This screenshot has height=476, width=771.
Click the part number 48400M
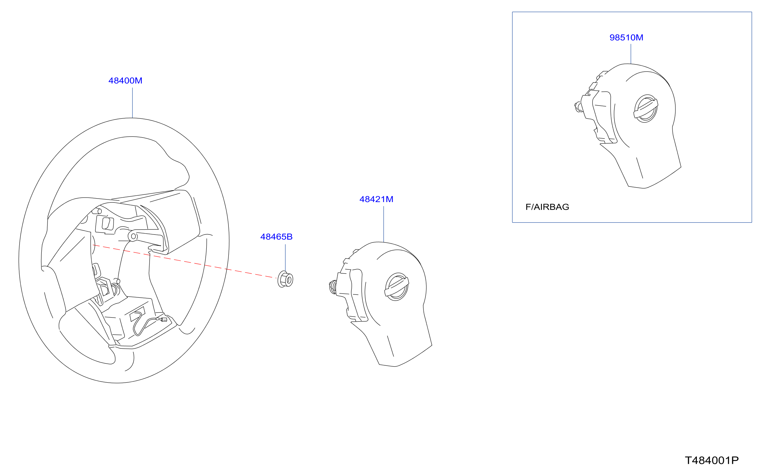point(125,81)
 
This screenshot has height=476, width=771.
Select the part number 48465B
point(276,237)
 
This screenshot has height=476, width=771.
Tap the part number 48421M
point(376,199)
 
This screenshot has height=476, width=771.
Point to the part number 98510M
point(626,38)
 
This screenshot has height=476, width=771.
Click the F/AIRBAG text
point(547,207)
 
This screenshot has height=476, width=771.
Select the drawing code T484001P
point(712,461)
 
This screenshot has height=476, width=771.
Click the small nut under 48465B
point(285,279)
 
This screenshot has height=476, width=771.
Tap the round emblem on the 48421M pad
point(397,287)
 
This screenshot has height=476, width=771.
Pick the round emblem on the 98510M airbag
point(646,109)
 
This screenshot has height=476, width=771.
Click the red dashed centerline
point(184,262)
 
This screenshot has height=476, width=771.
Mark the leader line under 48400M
point(133,103)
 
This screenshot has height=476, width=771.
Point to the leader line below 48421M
point(384,224)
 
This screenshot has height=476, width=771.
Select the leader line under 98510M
point(631,54)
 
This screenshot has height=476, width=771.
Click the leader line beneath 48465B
point(286,258)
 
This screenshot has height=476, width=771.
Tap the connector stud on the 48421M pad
point(333,287)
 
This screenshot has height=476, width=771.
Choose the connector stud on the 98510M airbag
point(578,107)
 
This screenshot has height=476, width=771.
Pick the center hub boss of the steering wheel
point(133,236)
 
